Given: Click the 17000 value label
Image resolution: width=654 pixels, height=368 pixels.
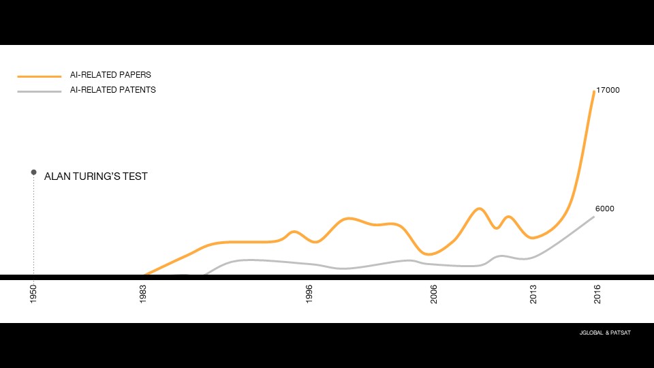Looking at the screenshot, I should click(607, 90).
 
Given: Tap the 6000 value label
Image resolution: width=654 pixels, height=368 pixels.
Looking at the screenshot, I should click(604, 209).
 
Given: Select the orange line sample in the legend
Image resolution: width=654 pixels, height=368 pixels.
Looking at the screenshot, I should click(40, 76).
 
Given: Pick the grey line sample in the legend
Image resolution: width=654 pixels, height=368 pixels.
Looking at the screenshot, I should click(40, 91).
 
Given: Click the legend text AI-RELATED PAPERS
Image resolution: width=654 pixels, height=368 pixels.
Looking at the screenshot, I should click(110, 75).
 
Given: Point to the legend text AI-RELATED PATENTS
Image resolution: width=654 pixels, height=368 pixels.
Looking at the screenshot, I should click(112, 90).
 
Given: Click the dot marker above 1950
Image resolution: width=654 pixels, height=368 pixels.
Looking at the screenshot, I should click(33, 172).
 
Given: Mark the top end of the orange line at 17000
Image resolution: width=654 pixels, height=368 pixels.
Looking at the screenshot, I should click(593, 91).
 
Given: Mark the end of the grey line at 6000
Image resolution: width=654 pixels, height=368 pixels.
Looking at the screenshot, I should click(593, 217).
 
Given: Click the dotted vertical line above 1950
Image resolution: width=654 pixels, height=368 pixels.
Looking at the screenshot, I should click(33, 225).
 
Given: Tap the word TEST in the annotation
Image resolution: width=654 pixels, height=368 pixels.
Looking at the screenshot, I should click(136, 177).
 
